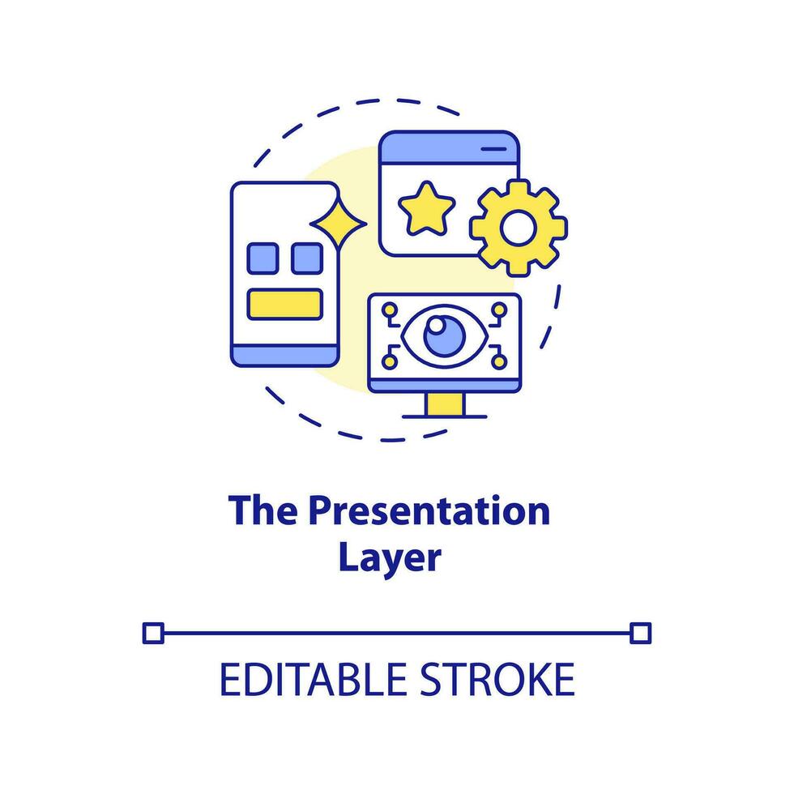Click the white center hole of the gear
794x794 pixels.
(518, 228)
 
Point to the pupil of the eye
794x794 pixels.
(438, 329)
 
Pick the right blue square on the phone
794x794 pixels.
(306, 258)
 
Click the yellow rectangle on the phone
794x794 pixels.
(284, 302)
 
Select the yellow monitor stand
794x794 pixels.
(444, 403)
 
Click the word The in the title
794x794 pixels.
(260, 512)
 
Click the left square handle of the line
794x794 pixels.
(152, 633)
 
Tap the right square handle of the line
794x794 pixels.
(640, 633)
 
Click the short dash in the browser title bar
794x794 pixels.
(492, 150)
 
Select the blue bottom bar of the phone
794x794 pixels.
(284, 355)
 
